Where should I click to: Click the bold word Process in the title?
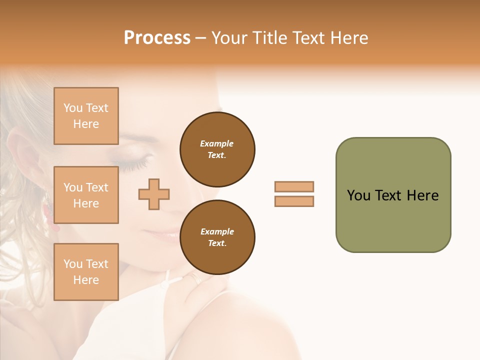click(157, 38)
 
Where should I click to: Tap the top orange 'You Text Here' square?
click(86, 116)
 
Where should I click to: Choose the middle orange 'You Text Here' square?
click(86, 195)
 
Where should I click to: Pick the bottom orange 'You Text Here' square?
click(86, 271)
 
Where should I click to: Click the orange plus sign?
click(154, 194)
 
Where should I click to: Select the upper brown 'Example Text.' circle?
click(217, 149)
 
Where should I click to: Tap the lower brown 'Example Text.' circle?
click(217, 237)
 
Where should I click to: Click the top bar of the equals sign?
click(294, 186)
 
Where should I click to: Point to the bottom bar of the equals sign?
click(294, 201)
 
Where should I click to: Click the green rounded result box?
click(393, 195)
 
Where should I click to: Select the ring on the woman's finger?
click(195, 279)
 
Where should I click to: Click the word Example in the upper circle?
click(216, 143)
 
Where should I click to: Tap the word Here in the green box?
click(422, 195)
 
